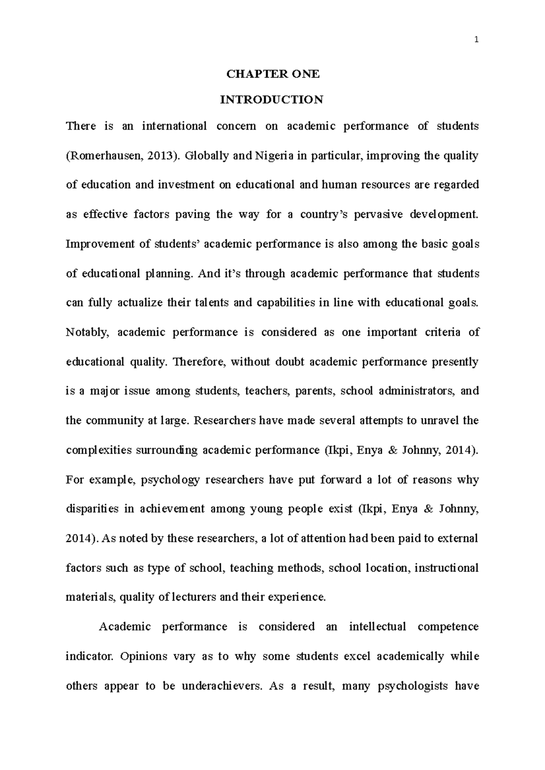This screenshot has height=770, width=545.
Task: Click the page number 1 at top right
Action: coord(476,40)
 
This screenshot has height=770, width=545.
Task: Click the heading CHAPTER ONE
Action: coord(273,74)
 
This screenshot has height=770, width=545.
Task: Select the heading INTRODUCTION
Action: coord(272,100)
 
